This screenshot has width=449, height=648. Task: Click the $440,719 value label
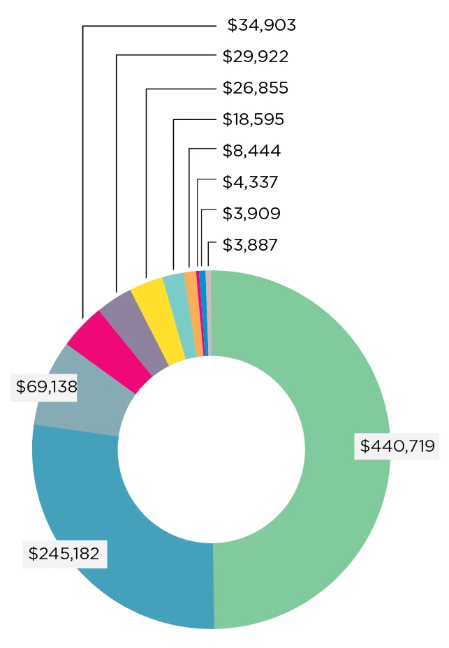pyautogui.click(x=397, y=445)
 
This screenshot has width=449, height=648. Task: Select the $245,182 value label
pyautogui.click(x=64, y=554)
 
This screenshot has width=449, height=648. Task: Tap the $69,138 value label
pyautogui.click(x=43, y=386)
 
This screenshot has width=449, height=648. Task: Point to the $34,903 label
pyautogui.click(x=262, y=26)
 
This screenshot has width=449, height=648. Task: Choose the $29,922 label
pyautogui.click(x=255, y=57)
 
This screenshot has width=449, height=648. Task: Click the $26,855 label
pyautogui.click(x=255, y=88)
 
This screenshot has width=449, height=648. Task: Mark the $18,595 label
pyautogui.click(x=253, y=119)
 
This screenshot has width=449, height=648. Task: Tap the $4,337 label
pyautogui.click(x=250, y=182)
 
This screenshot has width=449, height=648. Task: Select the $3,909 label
pyautogui.click(x=251, y=213)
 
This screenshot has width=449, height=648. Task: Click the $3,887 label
pyautogui.click(x=250, y=245)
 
